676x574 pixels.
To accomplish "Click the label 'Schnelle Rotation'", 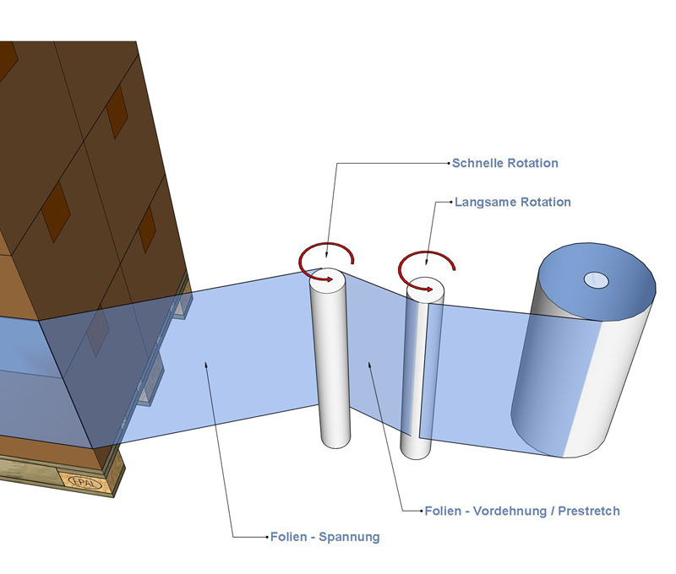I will click(505, 163).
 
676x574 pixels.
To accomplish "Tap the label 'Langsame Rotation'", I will click(512, 203).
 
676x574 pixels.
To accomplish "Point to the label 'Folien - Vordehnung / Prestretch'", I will click(522, 511).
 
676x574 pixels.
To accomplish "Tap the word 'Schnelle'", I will click(479, 163).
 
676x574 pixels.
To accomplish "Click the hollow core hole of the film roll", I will click(597, 279).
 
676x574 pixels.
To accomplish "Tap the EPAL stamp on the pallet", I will click(82, 483).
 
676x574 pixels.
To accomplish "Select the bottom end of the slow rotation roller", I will click(416, 450).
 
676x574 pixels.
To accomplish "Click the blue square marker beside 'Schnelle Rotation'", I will click(449, 163).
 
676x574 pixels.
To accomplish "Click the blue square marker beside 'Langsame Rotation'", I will click(449, 203).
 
